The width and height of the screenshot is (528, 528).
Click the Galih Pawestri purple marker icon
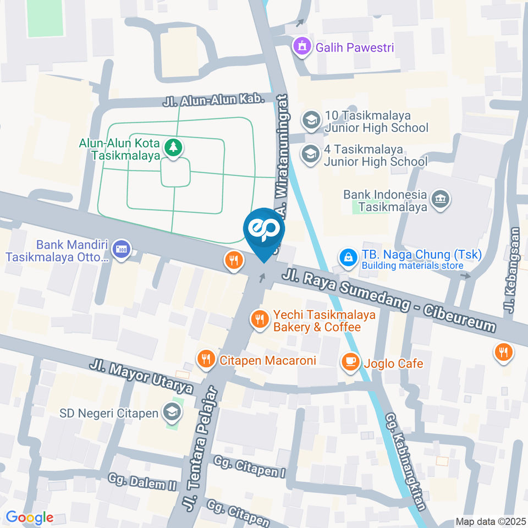[x=301, y=47]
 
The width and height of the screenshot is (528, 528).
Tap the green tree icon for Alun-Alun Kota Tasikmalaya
[x=174, y=147]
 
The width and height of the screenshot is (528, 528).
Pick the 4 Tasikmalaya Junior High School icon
[x=311, y=155]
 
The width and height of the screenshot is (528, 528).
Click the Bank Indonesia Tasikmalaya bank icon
[x=440, y=200]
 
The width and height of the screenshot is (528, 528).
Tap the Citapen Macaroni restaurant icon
[x=206, y=360]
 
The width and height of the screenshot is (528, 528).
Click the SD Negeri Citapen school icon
[x=172, y=413]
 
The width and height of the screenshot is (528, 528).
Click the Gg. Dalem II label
[x=142, y=482]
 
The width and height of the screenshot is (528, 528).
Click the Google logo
[x=30, y=518]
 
